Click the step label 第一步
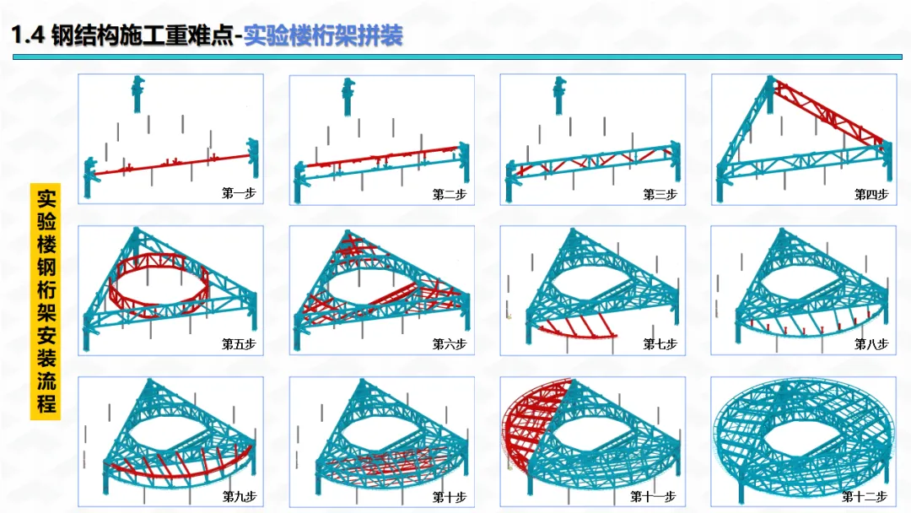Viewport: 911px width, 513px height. tap(238, 193)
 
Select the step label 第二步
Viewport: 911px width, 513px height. tap(449, 194)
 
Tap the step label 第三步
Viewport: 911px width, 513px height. tap(660, 194)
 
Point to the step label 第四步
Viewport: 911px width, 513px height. tap(871, 194)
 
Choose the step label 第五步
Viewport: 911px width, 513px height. tap(238, 344)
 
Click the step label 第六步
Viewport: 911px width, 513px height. tap(449, 344)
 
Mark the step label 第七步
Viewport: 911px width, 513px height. tap(660, 344)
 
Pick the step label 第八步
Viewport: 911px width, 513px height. tap(871, 344)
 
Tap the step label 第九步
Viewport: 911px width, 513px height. tap(238, 496)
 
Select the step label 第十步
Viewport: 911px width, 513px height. tap(449, 496)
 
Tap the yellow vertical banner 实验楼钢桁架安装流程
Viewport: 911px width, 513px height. tap(46, 300)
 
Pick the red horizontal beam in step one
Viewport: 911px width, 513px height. tap(169, 165)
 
